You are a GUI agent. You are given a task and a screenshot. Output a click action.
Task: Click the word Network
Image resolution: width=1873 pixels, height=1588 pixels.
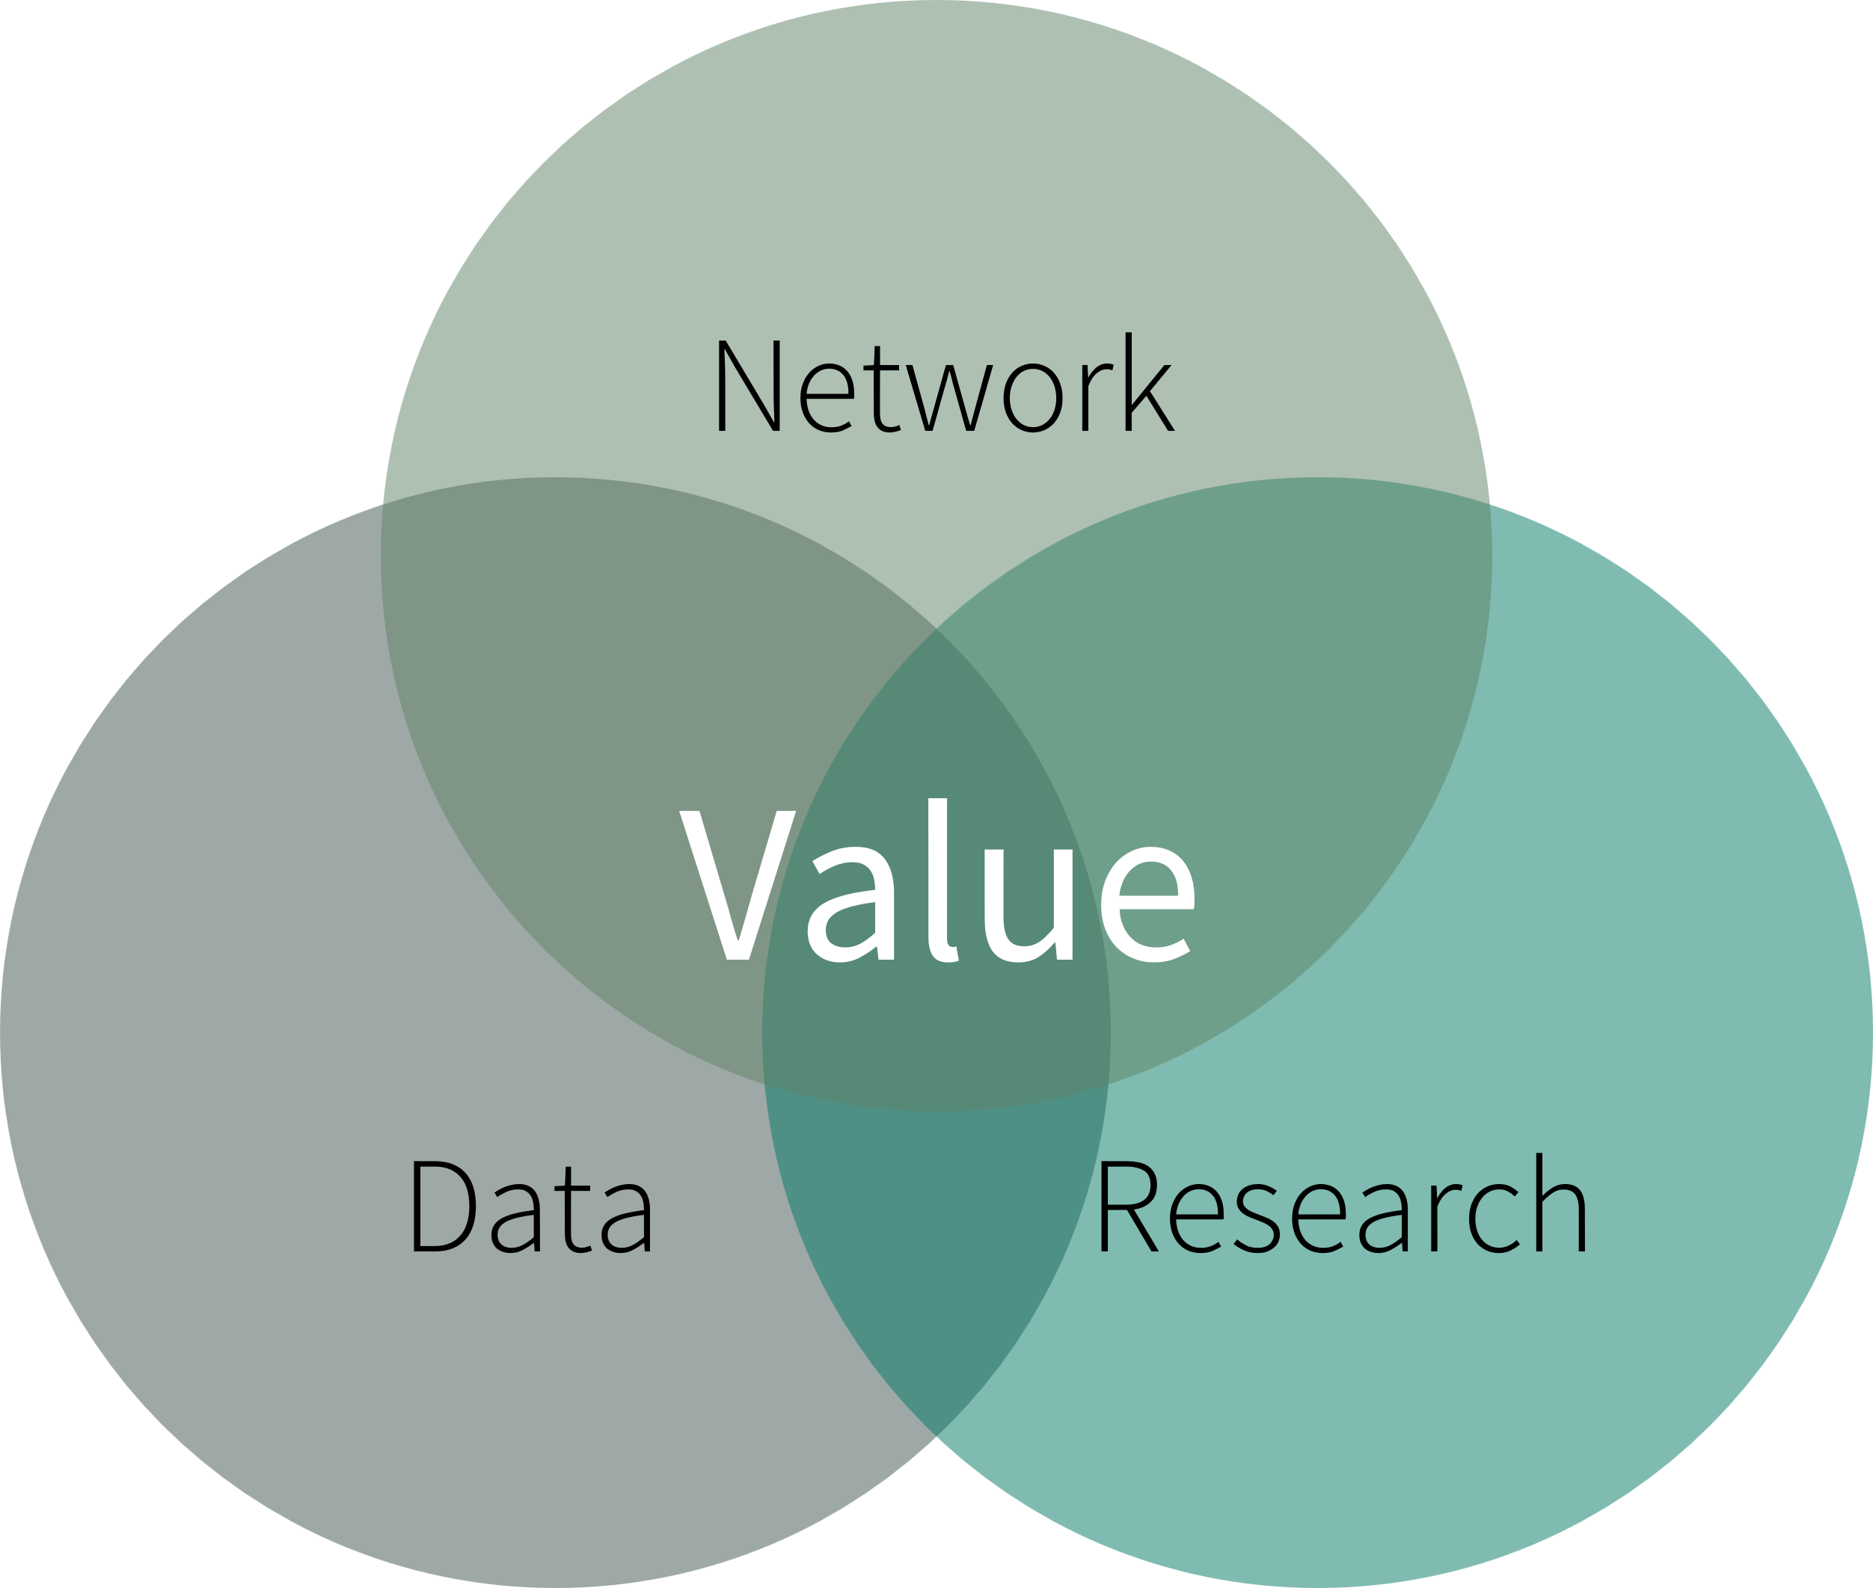tap(947, 382)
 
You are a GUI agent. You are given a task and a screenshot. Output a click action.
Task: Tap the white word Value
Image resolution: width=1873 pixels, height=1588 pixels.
tap(936, 880)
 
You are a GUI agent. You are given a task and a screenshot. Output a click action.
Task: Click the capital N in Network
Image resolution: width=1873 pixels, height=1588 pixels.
tap(749, 385)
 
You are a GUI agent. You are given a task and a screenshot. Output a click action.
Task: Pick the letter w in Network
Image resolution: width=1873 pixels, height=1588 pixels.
tap(949, 398)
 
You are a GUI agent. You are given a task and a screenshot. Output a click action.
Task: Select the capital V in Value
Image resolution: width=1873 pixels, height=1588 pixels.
tap(737, 885)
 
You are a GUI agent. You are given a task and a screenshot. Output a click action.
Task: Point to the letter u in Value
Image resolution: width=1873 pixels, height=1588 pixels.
tap(1028, 906)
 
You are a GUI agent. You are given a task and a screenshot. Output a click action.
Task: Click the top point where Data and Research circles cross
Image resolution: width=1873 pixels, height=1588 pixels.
tap(936, 628)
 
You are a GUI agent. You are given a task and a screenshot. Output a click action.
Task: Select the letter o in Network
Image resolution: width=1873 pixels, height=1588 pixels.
tap(1032, 398)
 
